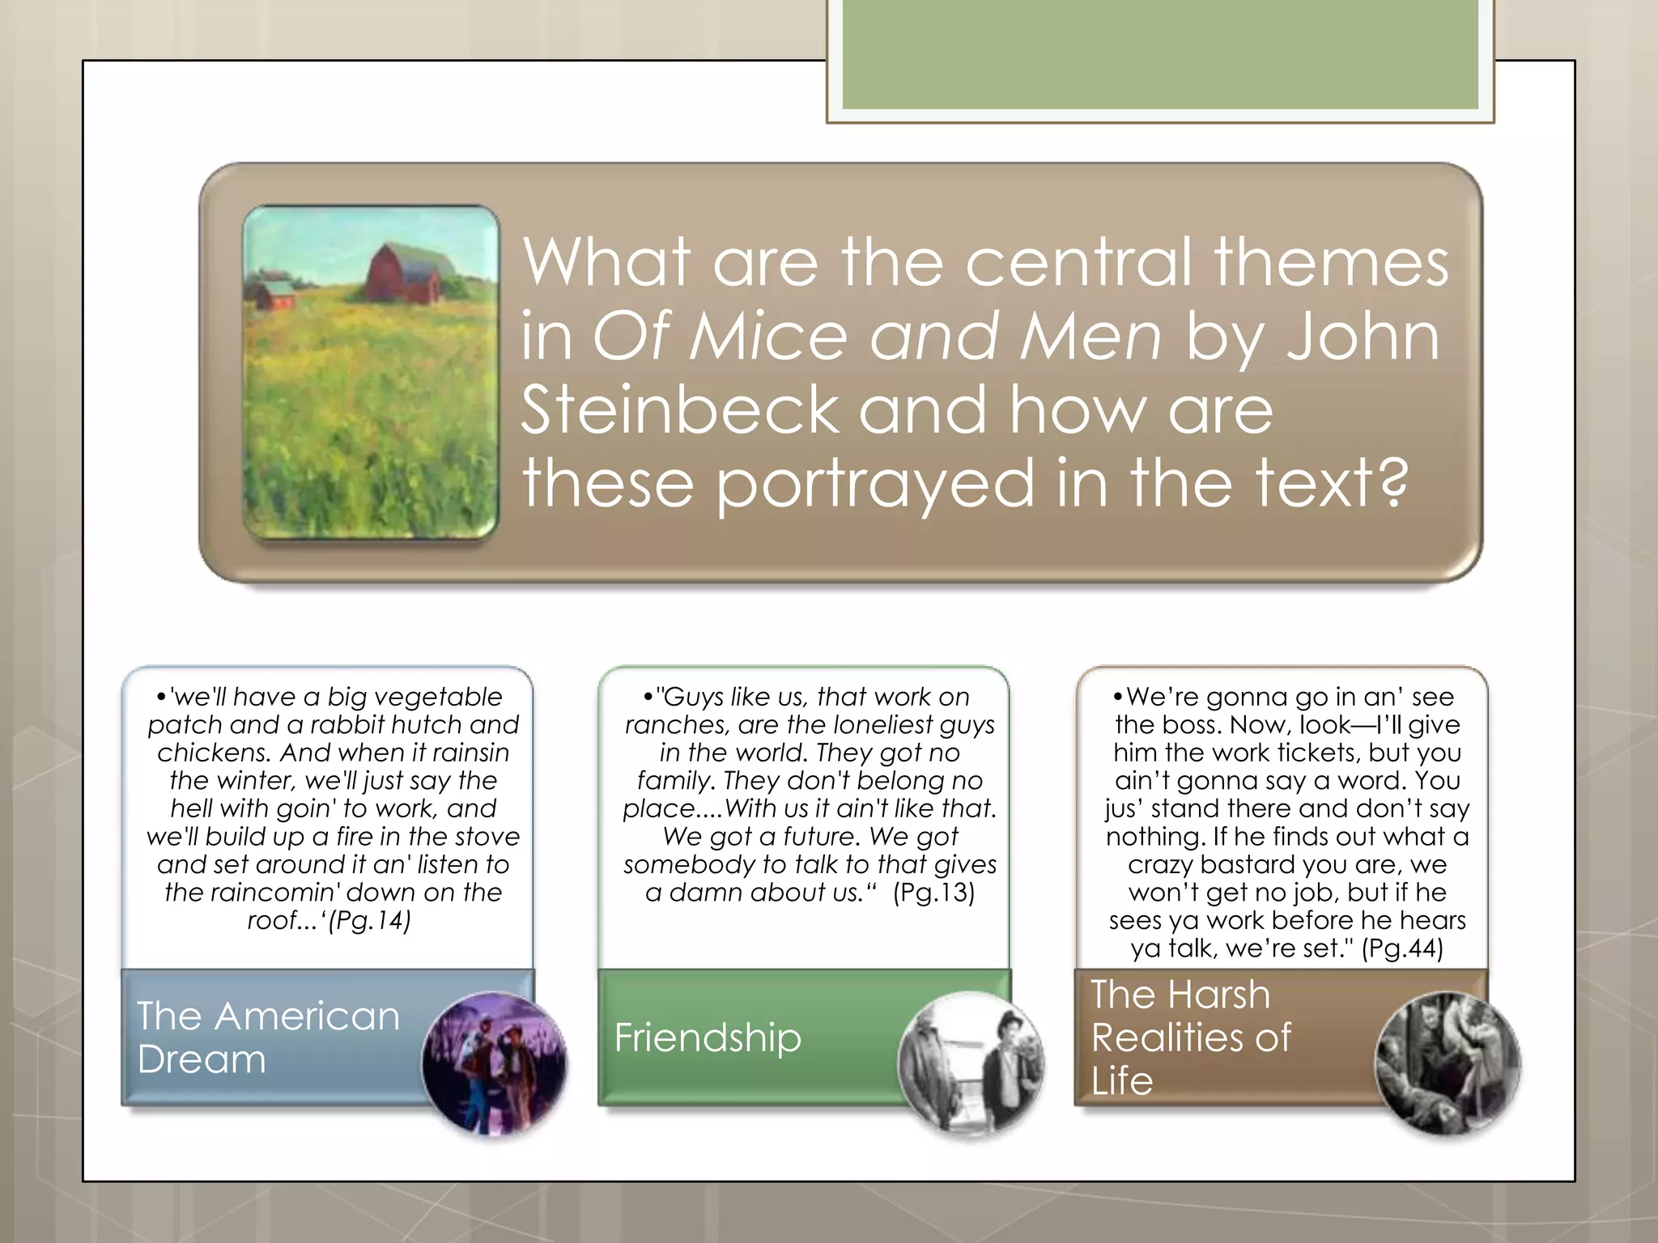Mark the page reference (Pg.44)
point(1402,948)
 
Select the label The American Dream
point(267,1037)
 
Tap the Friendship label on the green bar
point(708,1037)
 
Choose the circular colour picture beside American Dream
point(495,1063)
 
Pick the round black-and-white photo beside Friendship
point(971,1063)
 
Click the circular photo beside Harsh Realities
point(1448,1063)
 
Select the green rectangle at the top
point(1159,55)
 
